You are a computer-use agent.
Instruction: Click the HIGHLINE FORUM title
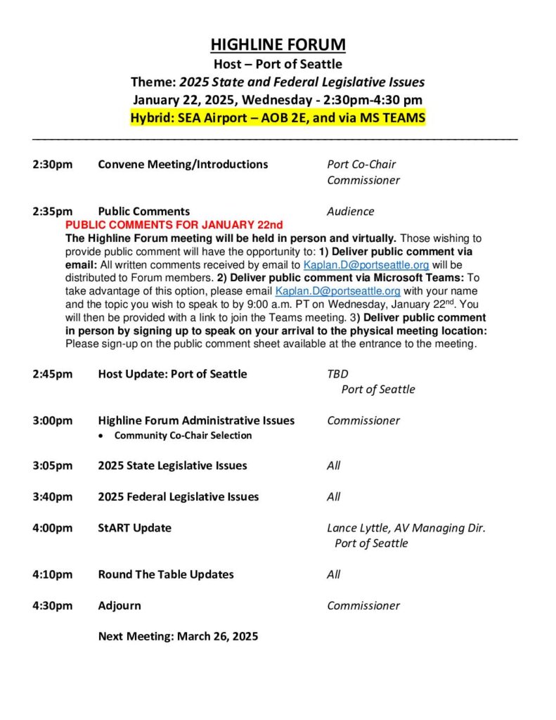(278, 45)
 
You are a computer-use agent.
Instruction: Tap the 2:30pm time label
(52, 165)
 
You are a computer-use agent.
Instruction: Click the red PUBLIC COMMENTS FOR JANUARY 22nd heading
(174, 225)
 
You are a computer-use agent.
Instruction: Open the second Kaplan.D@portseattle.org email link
(337, 291)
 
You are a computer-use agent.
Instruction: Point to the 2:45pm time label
(52, 374)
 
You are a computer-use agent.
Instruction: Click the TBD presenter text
(337, 374)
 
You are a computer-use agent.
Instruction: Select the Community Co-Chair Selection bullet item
(183, 436)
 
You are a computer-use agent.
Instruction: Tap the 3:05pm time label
(52, 465)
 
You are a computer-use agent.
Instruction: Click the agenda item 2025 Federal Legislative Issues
(178, 497)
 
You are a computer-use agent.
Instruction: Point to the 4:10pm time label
(52, 574)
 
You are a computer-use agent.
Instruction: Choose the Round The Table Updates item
(165, 574)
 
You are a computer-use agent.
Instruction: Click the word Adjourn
(119, 605)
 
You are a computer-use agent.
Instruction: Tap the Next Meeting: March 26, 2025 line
(178, 636)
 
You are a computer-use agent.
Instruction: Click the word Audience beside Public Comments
(350, 211)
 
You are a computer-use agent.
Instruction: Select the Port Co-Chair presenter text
(361, 165)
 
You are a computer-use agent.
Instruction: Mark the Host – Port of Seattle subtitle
(278, 65)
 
